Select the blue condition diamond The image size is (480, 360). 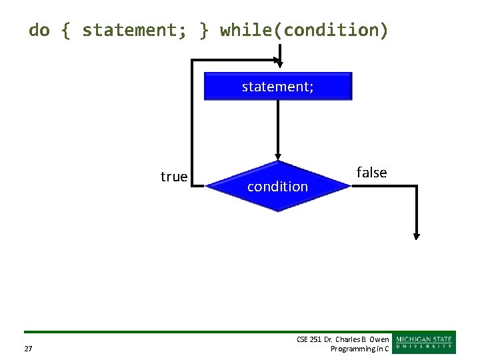coord(277,187)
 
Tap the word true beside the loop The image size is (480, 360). coord(174,177)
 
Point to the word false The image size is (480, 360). coord(371,173)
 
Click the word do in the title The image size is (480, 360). coord(39,30)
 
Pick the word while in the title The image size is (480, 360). coord(247,30)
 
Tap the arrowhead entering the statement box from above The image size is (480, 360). coord(280,63)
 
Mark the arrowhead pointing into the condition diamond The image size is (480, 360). coord(278,157)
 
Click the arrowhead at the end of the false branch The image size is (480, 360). coord(417,235)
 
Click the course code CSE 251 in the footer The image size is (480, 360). coord(309,340)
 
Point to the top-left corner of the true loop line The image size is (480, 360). coord(193,61)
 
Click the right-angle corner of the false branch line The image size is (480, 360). coord(417,187)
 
